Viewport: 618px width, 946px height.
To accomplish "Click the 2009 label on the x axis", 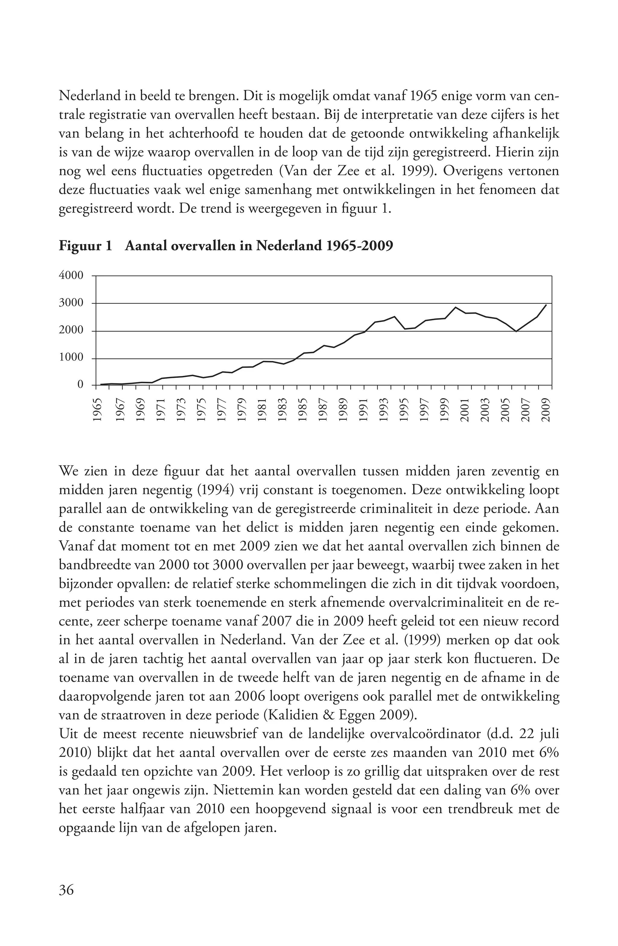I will pyautogui.click(x=546, y=410).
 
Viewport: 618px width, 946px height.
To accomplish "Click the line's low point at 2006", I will pyautogui.click(x=516, y=331).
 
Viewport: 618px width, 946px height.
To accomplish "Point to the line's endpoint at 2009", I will pyautogui.click(x=546, y=305).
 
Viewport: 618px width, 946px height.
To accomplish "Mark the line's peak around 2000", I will pyautogui.click(x=455, y=307).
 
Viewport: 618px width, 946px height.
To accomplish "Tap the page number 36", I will pyautogui.click(x=66, y=890).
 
